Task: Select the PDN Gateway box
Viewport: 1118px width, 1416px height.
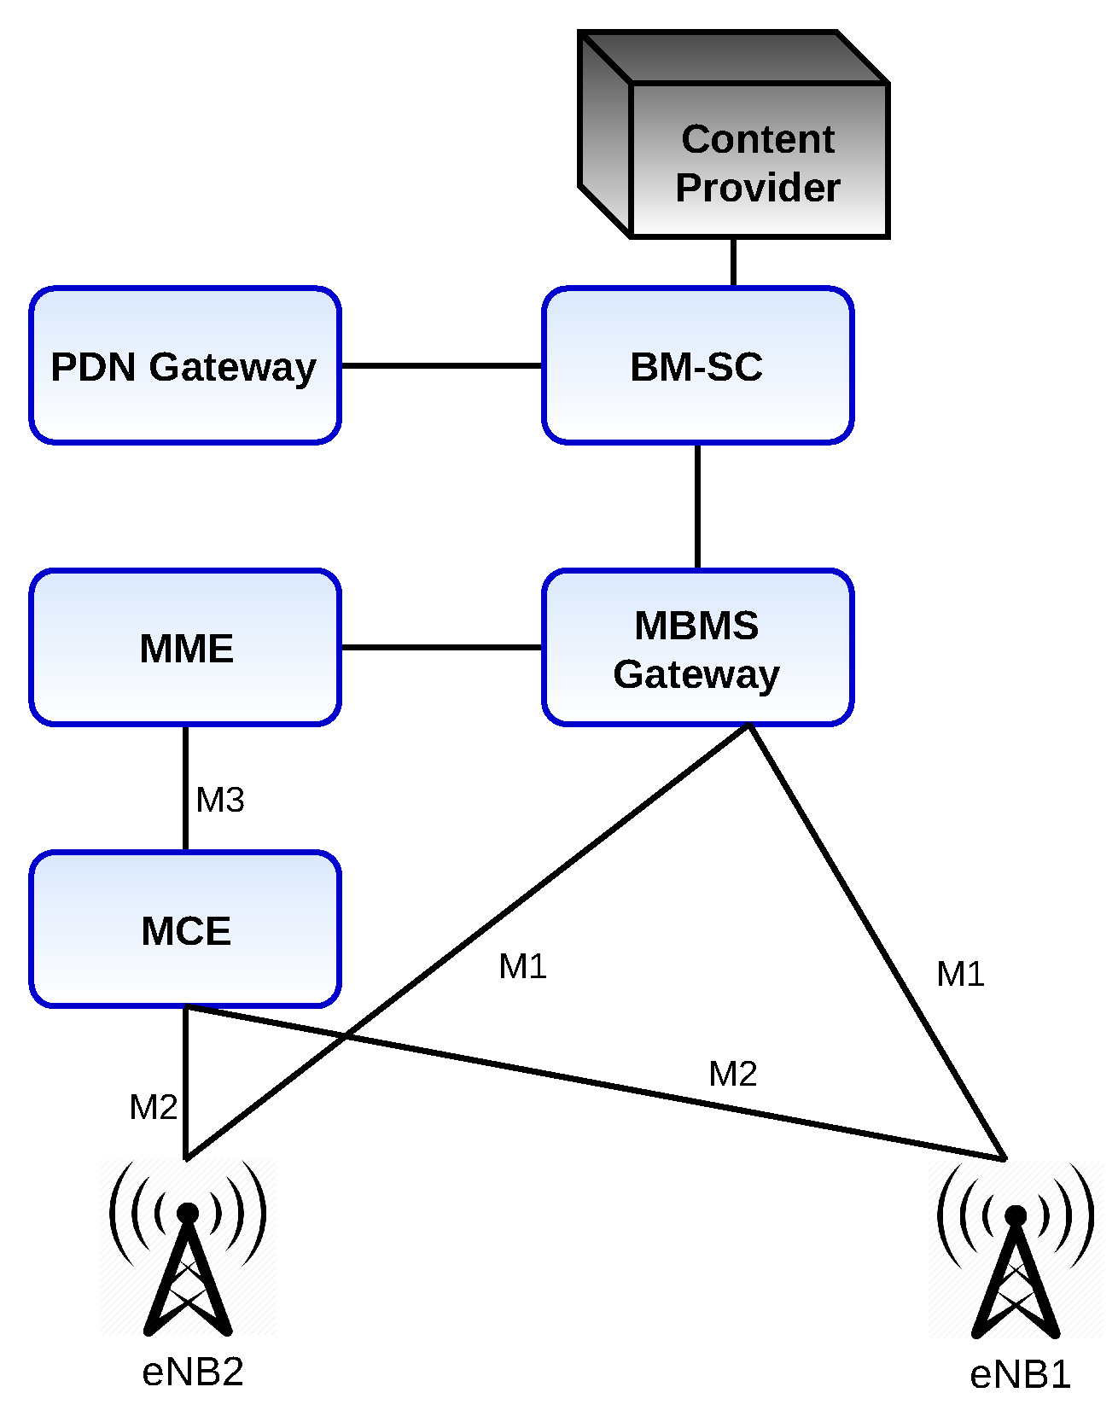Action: (x=184, y=365)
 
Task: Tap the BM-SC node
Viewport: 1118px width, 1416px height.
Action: (x=697, y=365)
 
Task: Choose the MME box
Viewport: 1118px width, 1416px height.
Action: (x=185, y=647)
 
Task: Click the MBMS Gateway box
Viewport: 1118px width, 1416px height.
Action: (x=697, y=647)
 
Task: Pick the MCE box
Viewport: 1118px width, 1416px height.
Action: (x=185, y=929)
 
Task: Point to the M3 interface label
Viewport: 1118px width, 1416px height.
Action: (x=220, y=800)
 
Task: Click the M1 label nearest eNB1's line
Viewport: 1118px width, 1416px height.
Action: (x=960, y=974)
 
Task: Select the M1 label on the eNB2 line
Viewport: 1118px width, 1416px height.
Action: (x=522, y=966)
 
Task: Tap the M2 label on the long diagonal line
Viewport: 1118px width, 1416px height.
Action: (x=732, y=1074)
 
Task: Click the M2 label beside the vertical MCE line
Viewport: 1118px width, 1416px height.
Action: (x=153, y=1107)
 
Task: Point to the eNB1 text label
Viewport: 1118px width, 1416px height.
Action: (x=1020, y=1375)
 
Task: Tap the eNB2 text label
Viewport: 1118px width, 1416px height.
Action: (x=193, y=1372)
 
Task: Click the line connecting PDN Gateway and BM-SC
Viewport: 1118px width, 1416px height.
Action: (x=441, y=365)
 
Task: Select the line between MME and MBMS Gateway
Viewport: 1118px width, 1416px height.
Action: (x=441, y=647)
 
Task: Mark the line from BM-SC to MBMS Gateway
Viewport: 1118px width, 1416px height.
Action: (x=697, y=505)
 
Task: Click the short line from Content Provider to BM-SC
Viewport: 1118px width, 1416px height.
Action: (x=733, y=262)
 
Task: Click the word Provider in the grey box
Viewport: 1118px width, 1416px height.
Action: (x=758, y=188)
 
